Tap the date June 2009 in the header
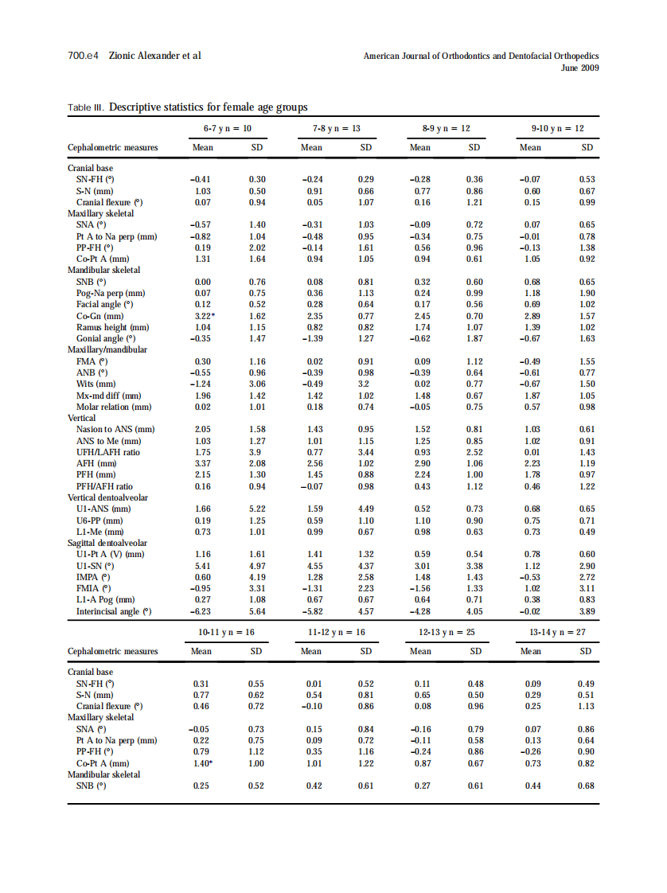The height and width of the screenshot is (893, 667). tap(579, 68)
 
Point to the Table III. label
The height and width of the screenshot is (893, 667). tap(86, 107)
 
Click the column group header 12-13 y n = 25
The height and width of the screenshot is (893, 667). tap(448, 632)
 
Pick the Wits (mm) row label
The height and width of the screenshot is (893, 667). tap(97, 384)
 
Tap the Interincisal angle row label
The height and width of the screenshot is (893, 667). tap(114, 611)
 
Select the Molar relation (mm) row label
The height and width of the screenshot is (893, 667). tap(114, 407)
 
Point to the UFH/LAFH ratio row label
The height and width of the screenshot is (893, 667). tap(108, 452)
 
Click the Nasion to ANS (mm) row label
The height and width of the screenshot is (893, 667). tap(115, 430)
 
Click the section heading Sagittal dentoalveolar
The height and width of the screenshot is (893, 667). tap(107, 543)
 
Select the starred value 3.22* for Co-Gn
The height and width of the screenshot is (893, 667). tap(204, 316)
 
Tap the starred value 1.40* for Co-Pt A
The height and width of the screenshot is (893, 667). tap(203, 762)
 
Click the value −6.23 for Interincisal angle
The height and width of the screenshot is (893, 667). tap(202, 611)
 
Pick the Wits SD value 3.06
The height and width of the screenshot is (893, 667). tap(257, 384)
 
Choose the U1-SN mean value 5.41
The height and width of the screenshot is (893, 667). tap(202, 566)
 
